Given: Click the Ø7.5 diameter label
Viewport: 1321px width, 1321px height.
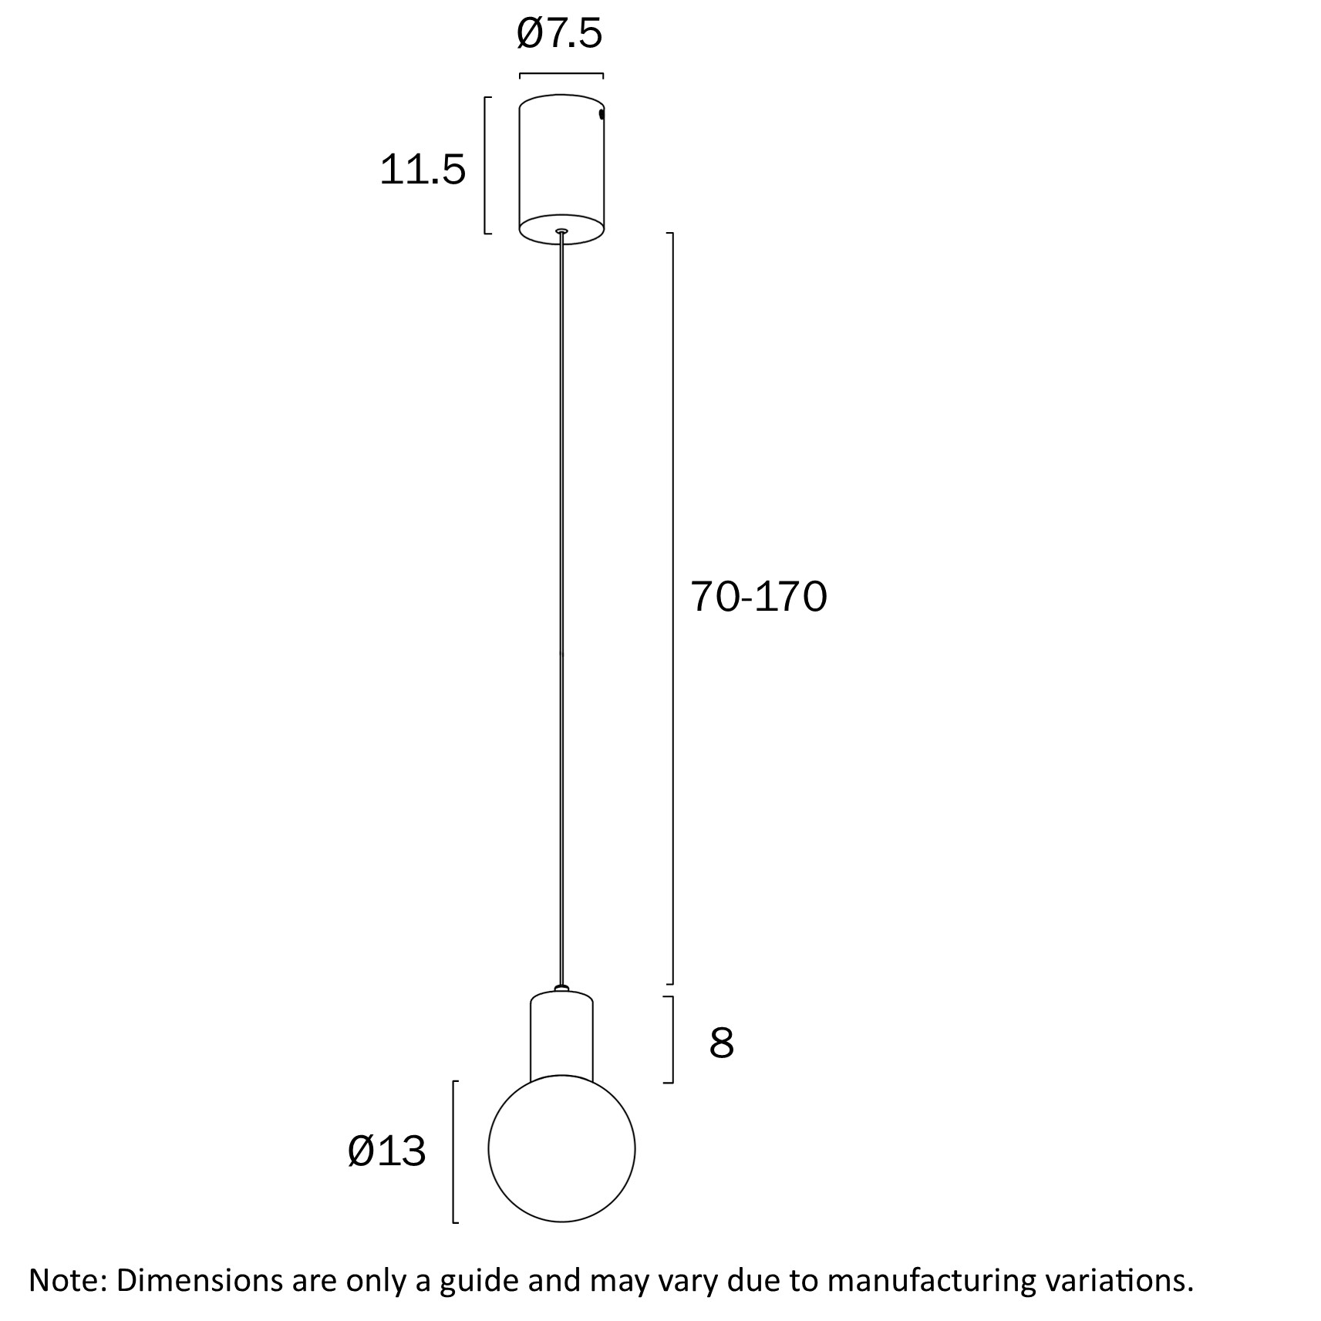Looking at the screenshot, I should (x=559, y=35).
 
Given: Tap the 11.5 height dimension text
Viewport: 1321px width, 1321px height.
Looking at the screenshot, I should (x=423, y=170).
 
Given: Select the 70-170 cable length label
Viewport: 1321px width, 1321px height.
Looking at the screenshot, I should (x=758, y=596).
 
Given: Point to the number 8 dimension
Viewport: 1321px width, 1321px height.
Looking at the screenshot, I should (x=721, y=1043).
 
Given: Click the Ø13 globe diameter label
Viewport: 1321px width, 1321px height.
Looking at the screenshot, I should (x=386, y=1151).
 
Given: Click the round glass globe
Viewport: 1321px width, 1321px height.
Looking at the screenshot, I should (x=561, y=1148).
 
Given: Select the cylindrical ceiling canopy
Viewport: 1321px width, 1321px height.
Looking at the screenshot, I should (x=561, y=166).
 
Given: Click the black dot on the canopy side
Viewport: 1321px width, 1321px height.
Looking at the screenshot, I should (x=602, y=114).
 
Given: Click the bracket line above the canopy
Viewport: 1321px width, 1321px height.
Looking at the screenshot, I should (x=561, y=74).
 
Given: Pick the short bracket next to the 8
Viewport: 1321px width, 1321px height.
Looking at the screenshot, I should (x=671, y=1040).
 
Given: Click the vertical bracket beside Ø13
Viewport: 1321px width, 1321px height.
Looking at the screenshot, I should (x=454, y=1151).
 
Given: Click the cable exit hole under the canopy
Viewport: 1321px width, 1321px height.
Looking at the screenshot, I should (x=561, y=231).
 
